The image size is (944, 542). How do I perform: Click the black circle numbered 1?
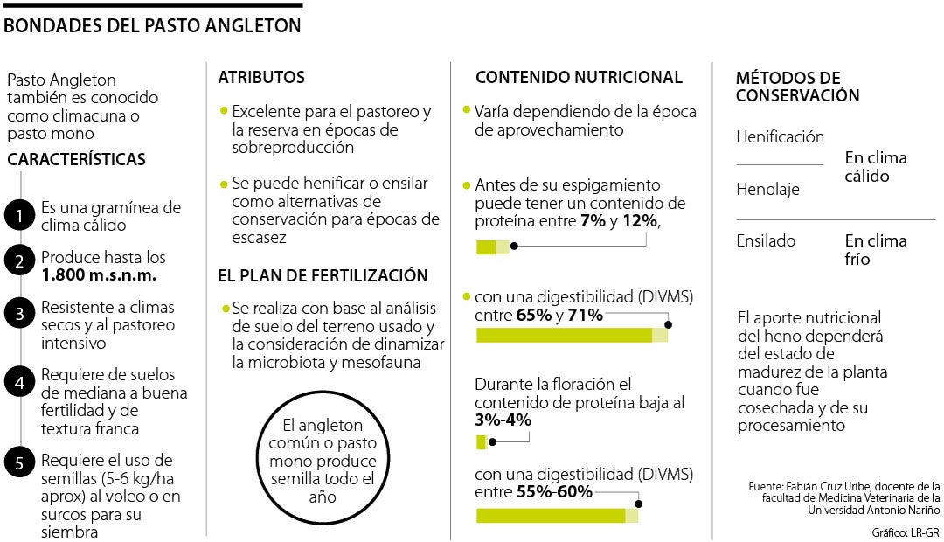coord(17,216)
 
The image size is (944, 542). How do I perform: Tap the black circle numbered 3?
coord(17,314)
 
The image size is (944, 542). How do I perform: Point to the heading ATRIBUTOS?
coord(261,78)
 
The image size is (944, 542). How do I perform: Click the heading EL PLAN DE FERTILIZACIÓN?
coord(323,276)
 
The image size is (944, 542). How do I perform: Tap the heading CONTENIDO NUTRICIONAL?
coord(579,78)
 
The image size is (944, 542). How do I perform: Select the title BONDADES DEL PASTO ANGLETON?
coord(153,26)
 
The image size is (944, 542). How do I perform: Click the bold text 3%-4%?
coord(503,420)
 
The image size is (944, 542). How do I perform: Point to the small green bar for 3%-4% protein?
coord(482,442)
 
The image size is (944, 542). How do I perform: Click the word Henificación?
coord(780,137)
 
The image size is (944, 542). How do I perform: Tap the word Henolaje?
coord(767,190)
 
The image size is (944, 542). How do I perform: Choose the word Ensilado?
coord(766,241)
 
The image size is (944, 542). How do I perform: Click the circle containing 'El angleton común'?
coord(323,461)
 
